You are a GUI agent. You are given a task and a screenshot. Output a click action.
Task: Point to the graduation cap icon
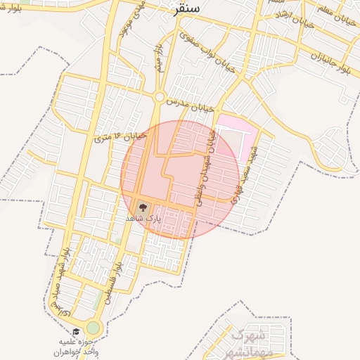[75, 331]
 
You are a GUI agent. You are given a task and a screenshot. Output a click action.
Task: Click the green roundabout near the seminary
[94, 328]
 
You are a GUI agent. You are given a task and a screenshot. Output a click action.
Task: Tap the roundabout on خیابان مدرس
[160, 97]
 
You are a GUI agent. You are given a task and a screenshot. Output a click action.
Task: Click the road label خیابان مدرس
[189, 103]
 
